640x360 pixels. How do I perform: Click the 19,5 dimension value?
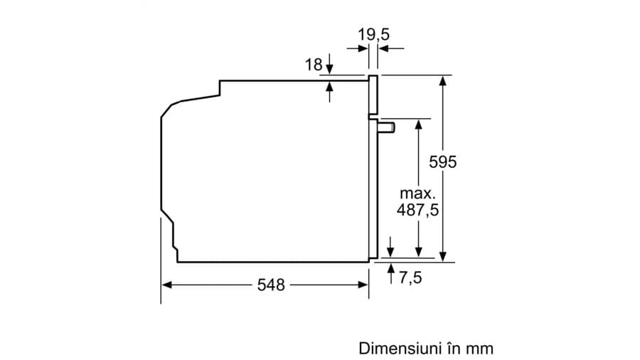374,33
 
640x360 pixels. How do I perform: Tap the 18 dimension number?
313,65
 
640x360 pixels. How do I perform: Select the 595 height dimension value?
442,162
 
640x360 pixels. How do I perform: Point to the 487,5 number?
418,210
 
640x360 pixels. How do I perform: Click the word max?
417,193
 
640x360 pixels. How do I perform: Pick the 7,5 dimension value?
410,277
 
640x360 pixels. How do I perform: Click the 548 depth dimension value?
270,285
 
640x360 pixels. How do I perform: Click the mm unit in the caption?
480,349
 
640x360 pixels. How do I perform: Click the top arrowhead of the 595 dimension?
442,80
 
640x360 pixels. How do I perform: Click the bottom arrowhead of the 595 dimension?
442,256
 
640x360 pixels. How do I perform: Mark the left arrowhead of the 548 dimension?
166,285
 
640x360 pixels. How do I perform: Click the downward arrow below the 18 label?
330,68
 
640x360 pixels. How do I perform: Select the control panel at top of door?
373,95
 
